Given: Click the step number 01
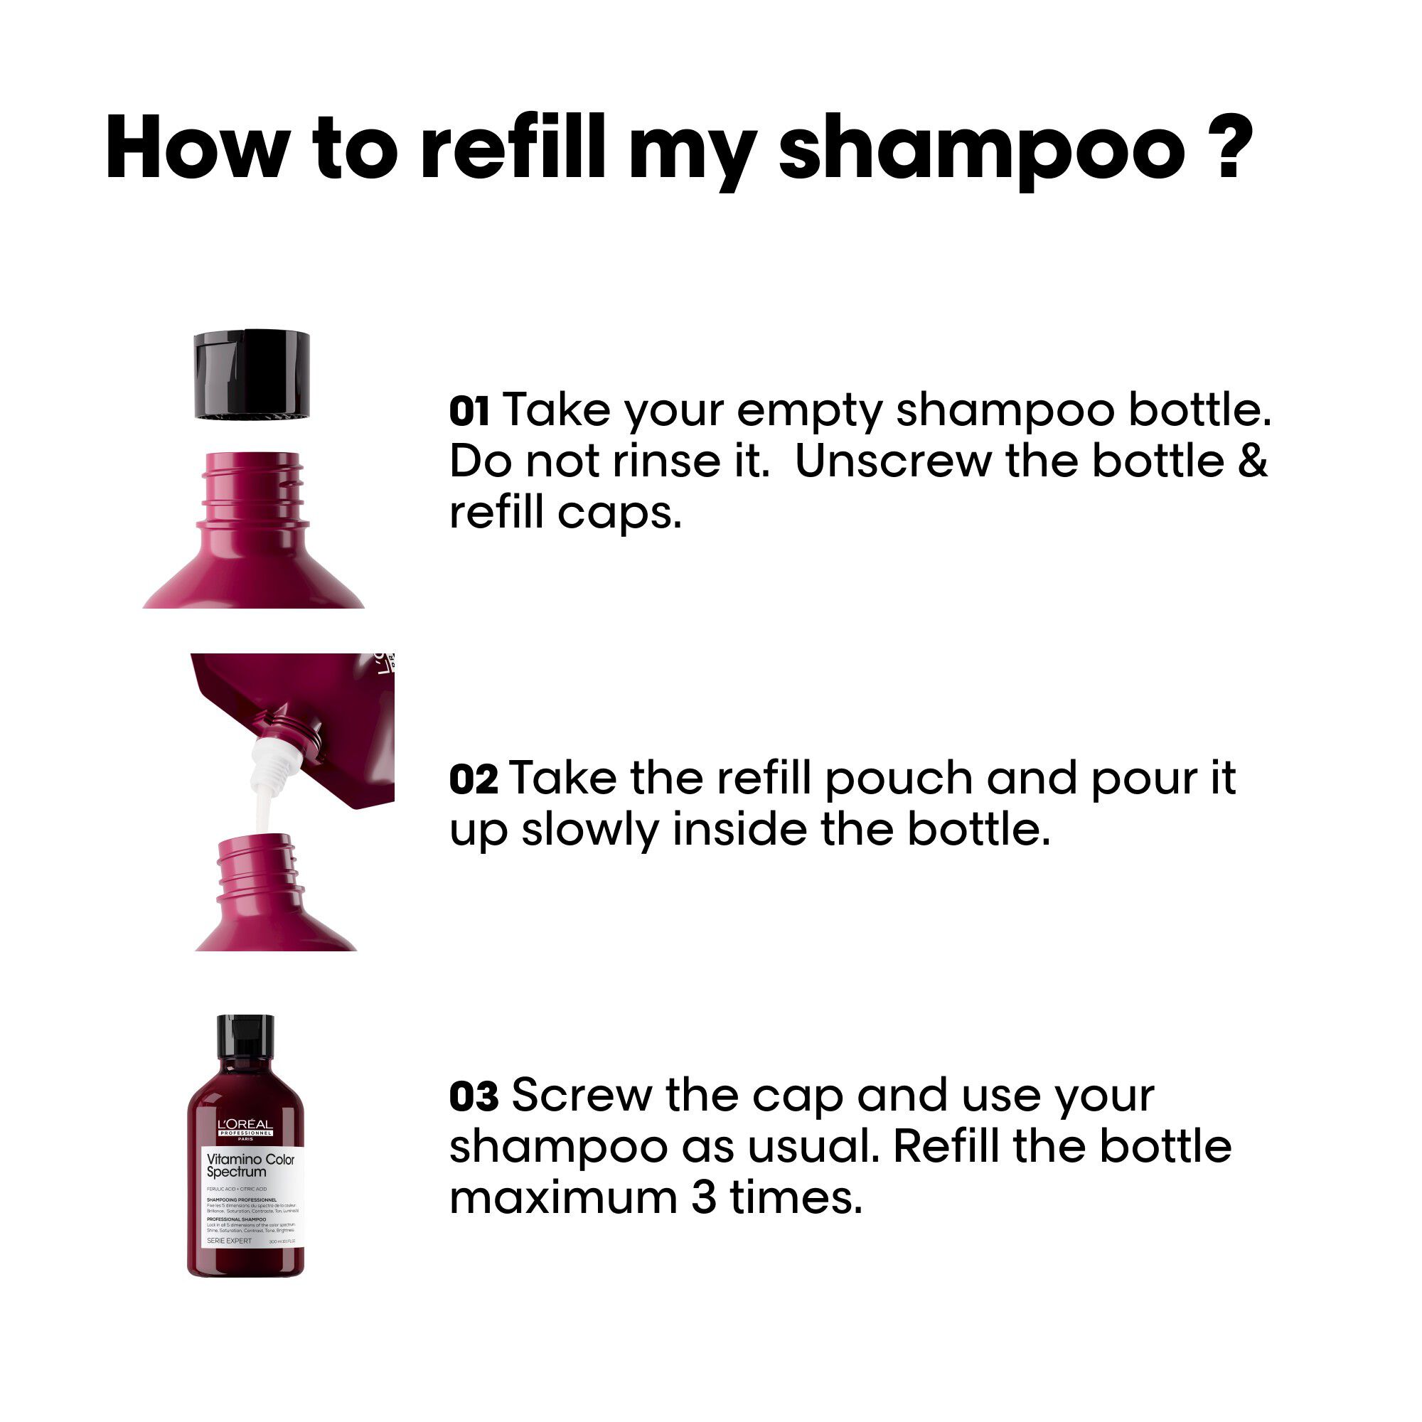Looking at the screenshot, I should tap(469, 412).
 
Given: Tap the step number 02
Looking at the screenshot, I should tap(473, 779).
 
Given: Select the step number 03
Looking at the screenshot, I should tap(474, 1096).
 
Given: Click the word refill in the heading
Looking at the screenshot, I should tap(511, 147).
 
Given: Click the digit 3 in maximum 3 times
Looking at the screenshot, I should tap(703, 1198).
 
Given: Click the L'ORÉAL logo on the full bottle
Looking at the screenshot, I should tap(245, 1126).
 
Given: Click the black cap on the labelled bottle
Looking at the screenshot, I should tap(245, 1039).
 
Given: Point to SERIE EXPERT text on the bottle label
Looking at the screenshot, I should tap(229, 1241).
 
